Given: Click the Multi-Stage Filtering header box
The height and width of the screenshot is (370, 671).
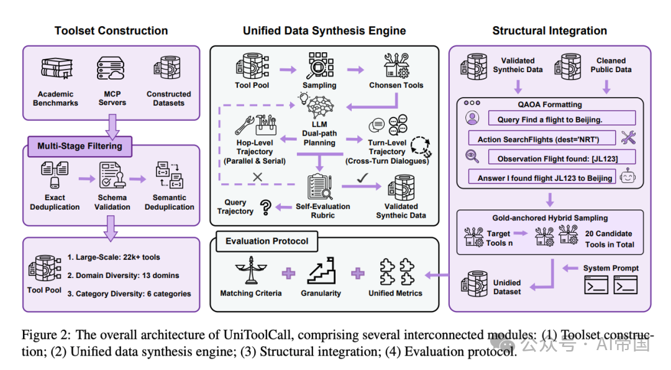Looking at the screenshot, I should point(80,147).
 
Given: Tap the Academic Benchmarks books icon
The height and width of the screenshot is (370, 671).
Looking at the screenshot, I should point(55,71).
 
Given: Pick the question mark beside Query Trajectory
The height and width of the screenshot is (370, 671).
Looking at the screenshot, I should point(267,207).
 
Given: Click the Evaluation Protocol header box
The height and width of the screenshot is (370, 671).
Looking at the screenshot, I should point(267,241).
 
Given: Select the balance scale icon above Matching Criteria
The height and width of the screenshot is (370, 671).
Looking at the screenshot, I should point(250,271).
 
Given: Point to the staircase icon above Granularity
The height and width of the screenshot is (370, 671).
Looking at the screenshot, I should point(321,271).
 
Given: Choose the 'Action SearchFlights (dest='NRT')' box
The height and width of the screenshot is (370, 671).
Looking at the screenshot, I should point(542,139).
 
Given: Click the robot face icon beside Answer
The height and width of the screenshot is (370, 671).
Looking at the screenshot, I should point(629,177).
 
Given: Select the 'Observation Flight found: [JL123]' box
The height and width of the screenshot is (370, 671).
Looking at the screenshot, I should point(557,158).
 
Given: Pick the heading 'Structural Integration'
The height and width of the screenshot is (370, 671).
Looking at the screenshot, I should point(549,30).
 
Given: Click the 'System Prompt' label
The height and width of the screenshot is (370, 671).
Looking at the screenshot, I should point(611,268).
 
